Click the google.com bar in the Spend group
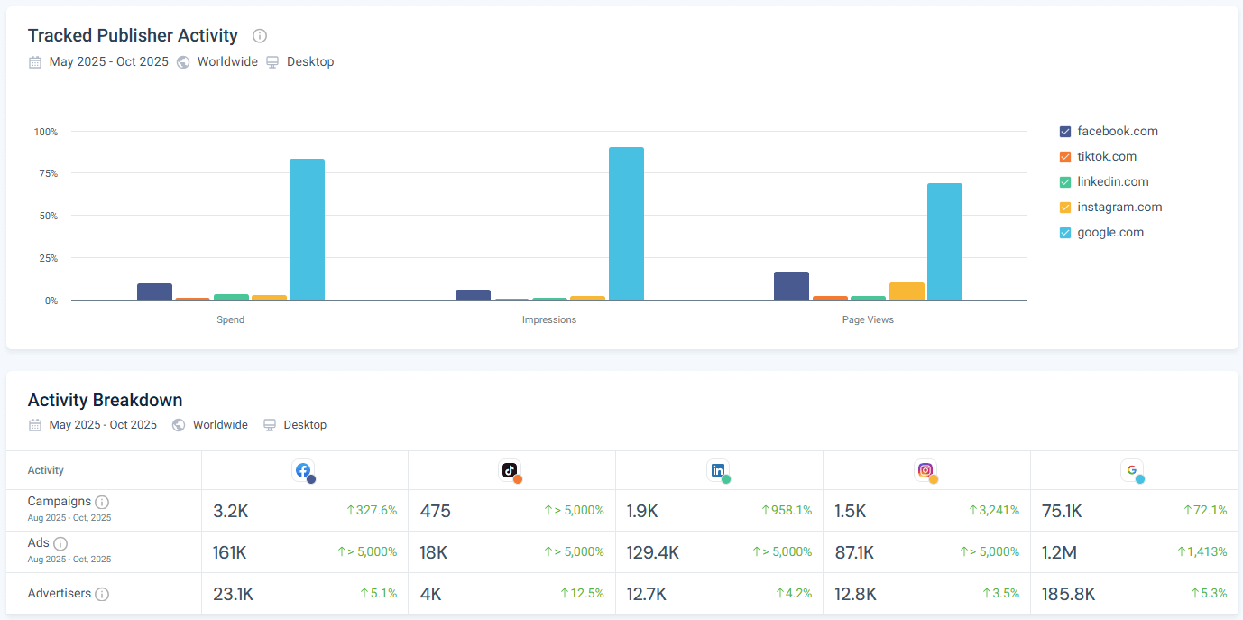307,229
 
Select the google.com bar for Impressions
626,224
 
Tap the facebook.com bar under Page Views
791,286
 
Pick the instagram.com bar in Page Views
907,291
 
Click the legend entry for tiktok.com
1106,156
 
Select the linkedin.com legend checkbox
1065,182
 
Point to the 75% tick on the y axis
46,173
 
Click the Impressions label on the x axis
548,319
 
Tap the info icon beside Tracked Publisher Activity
260,36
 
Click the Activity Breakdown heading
105,400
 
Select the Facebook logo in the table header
303,470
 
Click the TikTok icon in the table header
510,470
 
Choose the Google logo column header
1132,470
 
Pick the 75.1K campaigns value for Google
1062,511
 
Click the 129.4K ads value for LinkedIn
653,552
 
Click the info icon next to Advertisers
102,594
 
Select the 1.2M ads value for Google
1059,552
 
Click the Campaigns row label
60,502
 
